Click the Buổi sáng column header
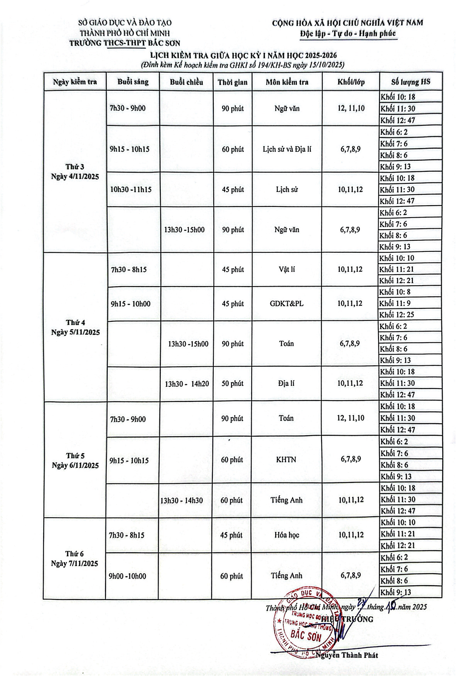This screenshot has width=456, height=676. click(x=133, y=82)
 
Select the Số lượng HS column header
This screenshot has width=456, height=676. click(x=411, y=82)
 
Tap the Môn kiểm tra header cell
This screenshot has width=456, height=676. click(x=287, y=82)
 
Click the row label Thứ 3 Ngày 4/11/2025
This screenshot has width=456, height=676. click(x=75, y=172)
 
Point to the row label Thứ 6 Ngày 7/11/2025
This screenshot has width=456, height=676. click(x=74, y=559)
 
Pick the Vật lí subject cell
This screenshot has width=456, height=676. click(x=286, y=269)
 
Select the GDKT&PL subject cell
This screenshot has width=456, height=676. click(x=286, y=304)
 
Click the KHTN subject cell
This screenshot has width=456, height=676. click(x=286, y=460)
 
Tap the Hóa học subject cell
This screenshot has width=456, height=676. click(x=286, y=535)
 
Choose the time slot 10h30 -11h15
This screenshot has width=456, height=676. click(x=131, y=190)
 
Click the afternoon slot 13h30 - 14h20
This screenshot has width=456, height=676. click(x=187, y=384)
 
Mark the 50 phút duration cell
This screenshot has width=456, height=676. click(x=232, y=384)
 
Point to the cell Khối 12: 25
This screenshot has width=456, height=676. click(x=397, y=315)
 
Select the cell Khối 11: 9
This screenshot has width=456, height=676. click(x=395, y=304)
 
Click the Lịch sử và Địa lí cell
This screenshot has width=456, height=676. click(x=287, y=149)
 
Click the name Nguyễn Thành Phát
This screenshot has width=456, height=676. click(x=347, y=655)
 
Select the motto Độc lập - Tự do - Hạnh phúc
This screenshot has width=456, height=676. click(x=348, y=33)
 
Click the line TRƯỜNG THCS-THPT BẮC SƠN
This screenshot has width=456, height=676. click(x=125, y=43)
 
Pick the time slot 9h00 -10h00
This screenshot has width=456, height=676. click(x=127, y=576)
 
